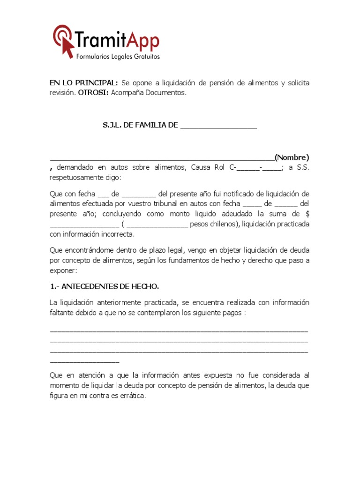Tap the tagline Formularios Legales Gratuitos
click(118, 57)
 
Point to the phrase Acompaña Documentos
click(149, 93)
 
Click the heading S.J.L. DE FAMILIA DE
click(140, 125)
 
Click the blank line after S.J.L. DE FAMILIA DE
click(218, 126)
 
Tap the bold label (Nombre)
click(292, 157)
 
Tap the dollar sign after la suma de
click(307, 214)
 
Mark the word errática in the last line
click(131, 395)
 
